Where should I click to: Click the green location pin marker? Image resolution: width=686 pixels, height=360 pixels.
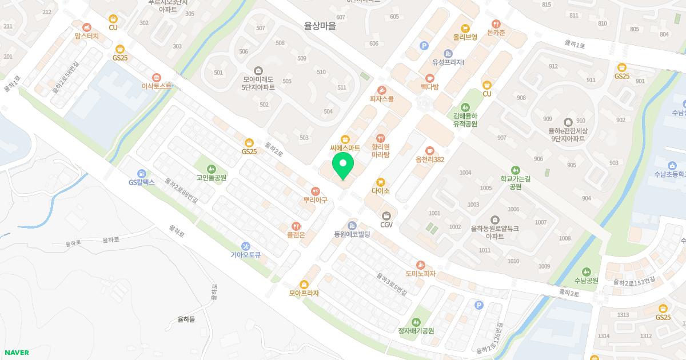pos(343,166)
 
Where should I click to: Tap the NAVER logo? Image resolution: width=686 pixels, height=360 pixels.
pos(15,353)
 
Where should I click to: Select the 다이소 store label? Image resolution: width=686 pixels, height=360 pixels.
pos(380,191)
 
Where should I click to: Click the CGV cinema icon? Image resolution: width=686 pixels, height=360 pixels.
pos(387,216)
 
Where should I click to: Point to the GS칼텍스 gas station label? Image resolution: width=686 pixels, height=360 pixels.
pos(142,182)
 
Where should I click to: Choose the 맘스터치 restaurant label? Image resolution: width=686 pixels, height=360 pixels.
pos(87,35)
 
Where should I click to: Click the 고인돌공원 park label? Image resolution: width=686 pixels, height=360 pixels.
pos(212,177)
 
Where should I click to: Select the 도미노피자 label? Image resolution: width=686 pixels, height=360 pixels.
pos(421,273)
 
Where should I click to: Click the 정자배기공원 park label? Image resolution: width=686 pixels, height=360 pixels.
pos(416,330)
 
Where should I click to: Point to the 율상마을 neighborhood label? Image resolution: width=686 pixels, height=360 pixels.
pos(320,25)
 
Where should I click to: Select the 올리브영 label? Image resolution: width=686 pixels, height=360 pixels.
pos(465,37)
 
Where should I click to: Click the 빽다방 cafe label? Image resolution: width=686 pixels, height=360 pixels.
pos(429,86)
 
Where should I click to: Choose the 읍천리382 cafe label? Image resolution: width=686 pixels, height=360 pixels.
pos(430,159)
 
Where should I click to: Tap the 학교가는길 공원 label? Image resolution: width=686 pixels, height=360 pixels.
pos(515,182)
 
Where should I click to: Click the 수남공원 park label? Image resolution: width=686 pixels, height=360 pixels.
pos(586,280)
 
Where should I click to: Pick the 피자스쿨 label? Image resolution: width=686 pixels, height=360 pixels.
pos(382,98)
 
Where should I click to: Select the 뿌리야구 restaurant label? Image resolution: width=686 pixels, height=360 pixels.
pos(315,200)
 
